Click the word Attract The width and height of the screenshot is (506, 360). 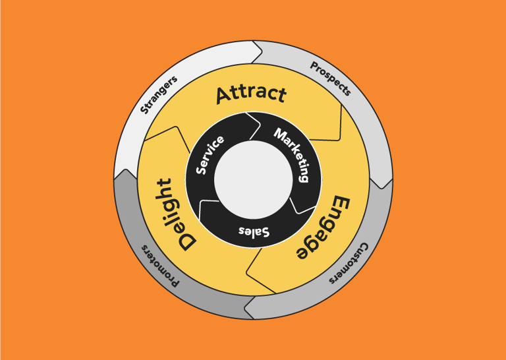coord(251,94)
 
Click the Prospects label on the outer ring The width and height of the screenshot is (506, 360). coord(331,78)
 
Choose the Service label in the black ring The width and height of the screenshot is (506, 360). coord(210,154)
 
